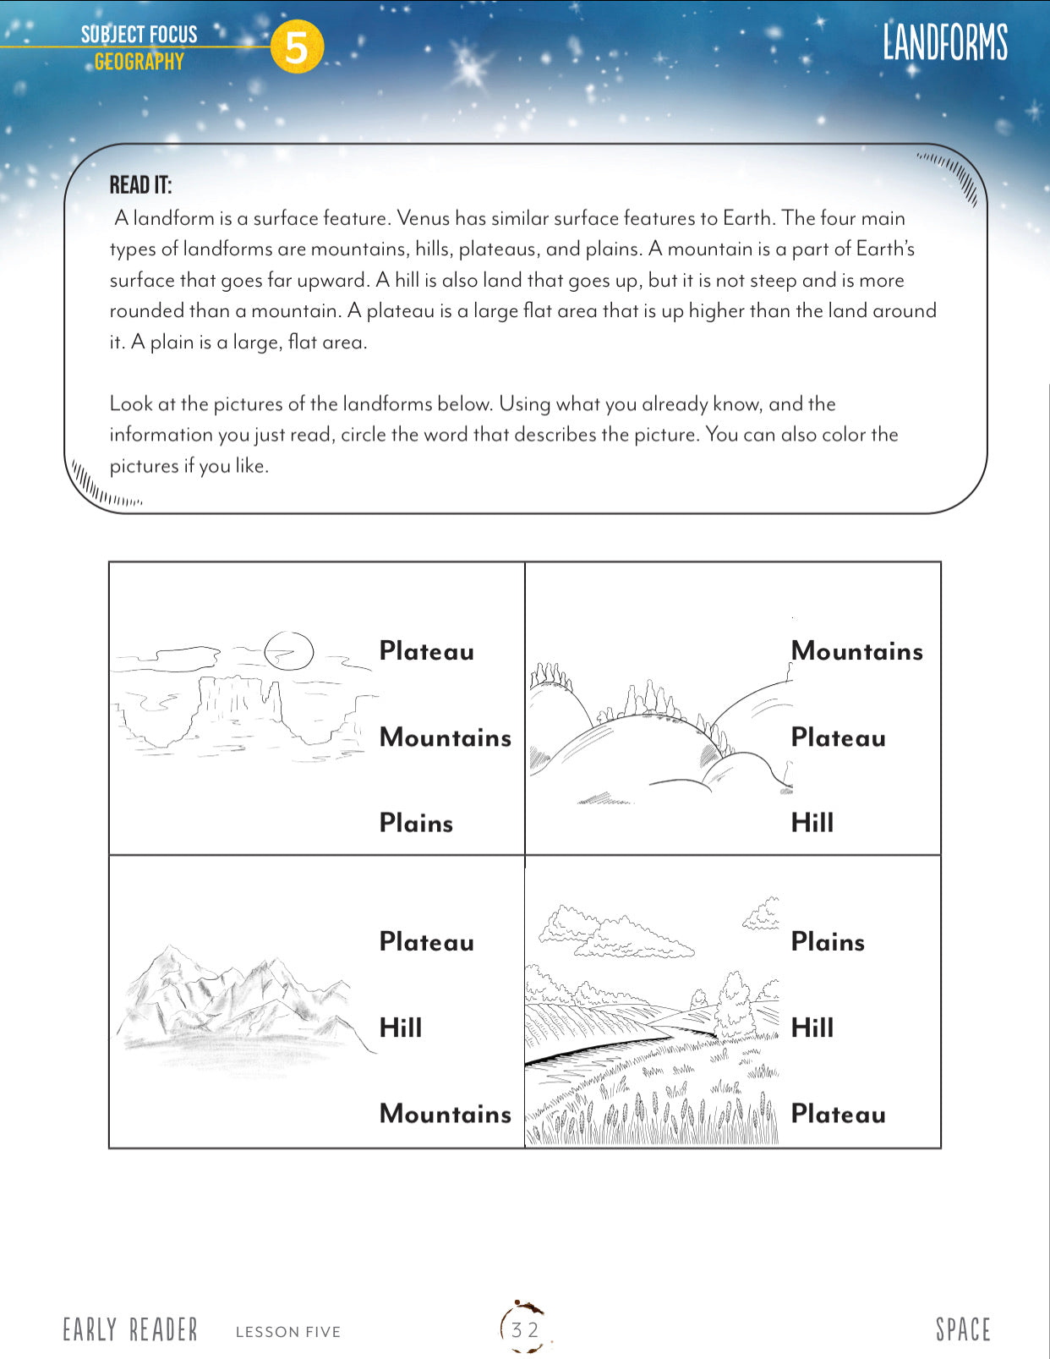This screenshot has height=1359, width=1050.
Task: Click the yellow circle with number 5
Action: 297,47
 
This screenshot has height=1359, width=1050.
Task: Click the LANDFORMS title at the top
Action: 945,42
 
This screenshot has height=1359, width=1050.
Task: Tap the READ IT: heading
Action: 140,185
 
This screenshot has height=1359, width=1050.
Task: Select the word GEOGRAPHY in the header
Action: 139,62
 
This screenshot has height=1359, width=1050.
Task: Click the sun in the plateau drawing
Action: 288,650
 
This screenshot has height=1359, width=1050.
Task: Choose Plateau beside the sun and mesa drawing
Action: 426,651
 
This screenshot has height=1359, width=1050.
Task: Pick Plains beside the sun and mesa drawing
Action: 416,823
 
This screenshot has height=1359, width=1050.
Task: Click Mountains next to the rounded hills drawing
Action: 856,651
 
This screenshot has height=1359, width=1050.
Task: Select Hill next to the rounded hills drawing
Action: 812,823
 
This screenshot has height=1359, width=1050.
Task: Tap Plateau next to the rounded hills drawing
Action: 838,737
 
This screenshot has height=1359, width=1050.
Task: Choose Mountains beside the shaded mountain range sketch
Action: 445,1114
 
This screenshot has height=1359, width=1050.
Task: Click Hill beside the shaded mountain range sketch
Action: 400,1027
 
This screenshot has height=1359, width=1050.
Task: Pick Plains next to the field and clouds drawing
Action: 828,942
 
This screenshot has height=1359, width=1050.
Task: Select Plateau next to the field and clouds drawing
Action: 838,1114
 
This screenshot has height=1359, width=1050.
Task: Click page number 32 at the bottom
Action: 525,1329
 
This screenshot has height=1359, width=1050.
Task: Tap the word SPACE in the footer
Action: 962,1329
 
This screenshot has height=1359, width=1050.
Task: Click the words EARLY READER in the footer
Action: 130,1330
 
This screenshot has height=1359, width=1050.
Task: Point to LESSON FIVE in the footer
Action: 288,1332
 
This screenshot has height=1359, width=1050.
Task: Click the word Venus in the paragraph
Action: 423,218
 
